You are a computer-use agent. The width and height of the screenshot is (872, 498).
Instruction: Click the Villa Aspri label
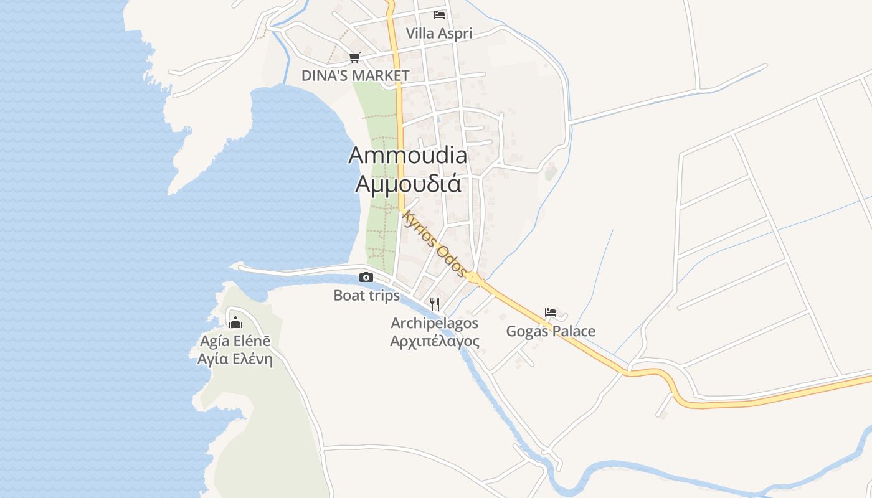[438, 33]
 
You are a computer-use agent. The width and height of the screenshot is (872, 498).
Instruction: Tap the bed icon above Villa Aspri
[439, 14]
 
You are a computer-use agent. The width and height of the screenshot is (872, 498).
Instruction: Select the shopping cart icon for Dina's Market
[354, 58]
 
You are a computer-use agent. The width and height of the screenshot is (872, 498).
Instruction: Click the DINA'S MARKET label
[355, 76]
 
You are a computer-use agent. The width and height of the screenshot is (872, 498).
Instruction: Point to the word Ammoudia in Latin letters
[407, 155]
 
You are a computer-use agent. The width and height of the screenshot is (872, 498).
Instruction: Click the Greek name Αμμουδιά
[408, 184]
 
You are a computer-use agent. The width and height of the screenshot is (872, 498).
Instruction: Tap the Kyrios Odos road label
[435, 243]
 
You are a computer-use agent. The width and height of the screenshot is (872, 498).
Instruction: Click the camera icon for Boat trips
[366, 278]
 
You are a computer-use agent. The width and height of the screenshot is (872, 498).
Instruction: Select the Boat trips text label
[366, 295]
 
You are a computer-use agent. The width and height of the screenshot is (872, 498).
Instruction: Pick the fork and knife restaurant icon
[435, 304]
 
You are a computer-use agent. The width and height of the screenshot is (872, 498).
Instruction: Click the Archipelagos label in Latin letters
[434, 323]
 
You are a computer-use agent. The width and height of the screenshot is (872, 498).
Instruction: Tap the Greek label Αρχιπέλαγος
[434, 341]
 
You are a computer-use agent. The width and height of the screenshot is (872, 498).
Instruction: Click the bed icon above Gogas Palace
[551, 312]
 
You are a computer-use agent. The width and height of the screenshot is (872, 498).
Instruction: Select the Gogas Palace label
[551, 331]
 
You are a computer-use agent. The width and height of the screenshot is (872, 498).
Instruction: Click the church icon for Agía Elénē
[235, 322]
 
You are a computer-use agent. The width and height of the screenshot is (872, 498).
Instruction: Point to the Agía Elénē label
[235, 341]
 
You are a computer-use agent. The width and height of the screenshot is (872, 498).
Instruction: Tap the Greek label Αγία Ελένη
[235, 359]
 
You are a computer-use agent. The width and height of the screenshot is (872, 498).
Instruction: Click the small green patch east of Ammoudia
[551, 172]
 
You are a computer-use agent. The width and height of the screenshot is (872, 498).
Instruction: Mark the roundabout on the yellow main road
[474, 278]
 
